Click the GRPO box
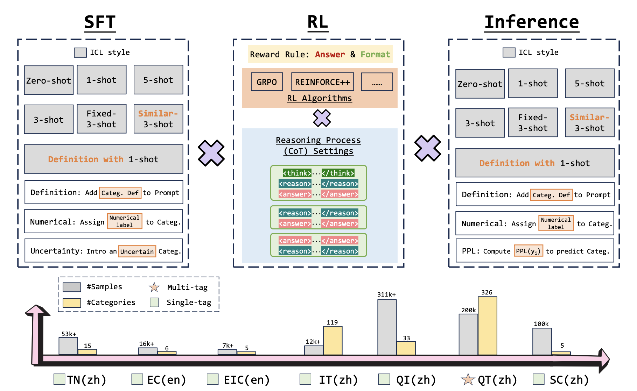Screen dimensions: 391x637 266,82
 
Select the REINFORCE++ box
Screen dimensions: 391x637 322,82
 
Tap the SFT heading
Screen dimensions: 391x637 100,22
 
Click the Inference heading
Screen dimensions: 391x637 531,22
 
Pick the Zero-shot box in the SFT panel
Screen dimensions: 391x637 49,80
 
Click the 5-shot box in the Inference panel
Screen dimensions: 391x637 589,83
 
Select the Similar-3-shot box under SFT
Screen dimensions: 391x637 158,119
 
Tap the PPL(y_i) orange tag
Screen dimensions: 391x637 528,251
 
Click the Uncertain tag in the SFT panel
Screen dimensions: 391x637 137,251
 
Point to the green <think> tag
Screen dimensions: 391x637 297,173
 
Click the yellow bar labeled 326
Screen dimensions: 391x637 487,325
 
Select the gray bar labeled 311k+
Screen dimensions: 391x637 387,327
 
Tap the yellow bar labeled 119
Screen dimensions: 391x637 332,340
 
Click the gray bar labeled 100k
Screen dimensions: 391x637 542,341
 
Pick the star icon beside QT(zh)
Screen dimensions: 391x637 468,379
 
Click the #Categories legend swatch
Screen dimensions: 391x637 72,303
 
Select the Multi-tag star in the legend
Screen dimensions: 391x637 154,287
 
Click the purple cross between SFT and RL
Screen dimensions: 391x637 211,153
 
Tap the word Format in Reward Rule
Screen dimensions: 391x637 375,55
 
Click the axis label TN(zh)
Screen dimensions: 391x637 86,379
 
